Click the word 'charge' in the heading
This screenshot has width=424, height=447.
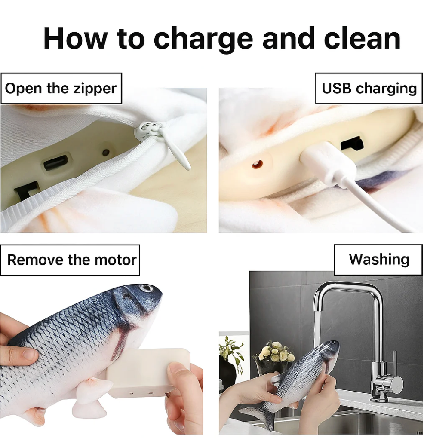point(203,40)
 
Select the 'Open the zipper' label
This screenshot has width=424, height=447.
point(61,89)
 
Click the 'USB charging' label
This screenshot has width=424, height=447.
point(369,89)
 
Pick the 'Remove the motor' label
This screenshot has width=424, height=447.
point(70,260)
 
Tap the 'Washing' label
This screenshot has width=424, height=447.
point(378,260)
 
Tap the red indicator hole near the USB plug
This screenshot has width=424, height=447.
point(258,164)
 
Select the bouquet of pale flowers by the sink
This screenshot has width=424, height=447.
point(275,352)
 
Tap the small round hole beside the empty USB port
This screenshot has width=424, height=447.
point(106,152)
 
